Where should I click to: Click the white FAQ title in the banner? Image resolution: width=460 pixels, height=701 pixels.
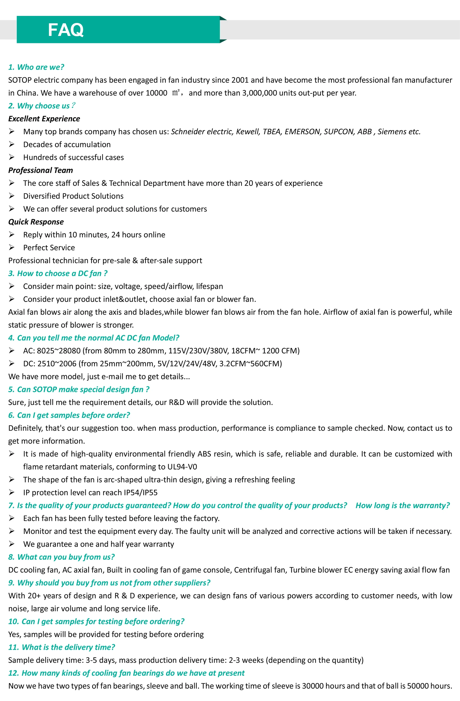pos(66,30)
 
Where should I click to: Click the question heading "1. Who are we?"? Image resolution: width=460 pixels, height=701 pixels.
pos(36,67)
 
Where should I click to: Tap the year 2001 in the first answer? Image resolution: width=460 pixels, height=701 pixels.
pos(240,80)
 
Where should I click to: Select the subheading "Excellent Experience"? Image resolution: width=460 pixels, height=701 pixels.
pos(44,119)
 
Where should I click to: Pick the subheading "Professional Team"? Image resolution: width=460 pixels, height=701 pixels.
pos(41,170)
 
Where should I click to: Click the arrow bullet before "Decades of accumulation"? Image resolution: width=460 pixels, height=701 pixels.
pos(11,144)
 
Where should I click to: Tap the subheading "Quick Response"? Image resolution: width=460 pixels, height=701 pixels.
pos(36,222)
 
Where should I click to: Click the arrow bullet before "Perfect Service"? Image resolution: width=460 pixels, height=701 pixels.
pos(11,247)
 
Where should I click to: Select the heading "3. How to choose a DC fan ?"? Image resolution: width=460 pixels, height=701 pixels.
pos(58,273)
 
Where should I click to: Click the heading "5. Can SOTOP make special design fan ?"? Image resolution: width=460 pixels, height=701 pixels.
pos(79,389)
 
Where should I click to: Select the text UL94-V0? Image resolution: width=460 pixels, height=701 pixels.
pos(182,467)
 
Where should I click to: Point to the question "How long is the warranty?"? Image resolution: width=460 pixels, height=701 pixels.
pos(402,505)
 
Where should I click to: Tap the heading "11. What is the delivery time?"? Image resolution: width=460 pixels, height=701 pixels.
pos(62,647)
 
